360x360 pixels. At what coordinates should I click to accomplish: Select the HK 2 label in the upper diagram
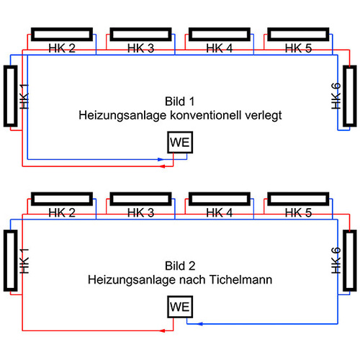click(x=61, y=48)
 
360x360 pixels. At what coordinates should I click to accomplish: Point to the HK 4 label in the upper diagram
click(x=219, y=48)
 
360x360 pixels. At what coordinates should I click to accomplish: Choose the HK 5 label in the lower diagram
click(x=297, y=212)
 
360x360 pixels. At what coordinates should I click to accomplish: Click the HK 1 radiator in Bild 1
click(x=10, y=96)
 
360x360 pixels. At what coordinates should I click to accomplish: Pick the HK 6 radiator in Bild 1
click(x=349, y=96)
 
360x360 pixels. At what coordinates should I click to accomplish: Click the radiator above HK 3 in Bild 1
click(x=140, y=35)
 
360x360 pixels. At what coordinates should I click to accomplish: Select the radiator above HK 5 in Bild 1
click(x=297, y=35)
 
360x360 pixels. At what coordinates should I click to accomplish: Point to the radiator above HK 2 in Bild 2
click(x=61, y=199)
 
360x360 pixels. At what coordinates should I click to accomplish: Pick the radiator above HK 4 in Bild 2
click(x=219, y=199)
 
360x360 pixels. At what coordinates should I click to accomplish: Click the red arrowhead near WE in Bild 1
click(x=163, y=166)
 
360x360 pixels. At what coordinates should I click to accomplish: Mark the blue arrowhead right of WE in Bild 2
click(x=192, y=323)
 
